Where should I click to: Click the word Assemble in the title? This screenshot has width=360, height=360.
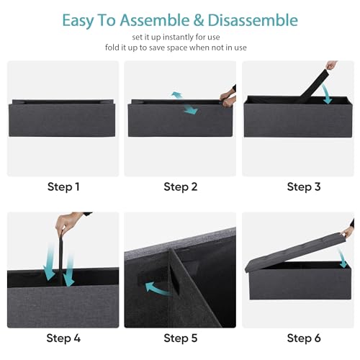pos(155,20)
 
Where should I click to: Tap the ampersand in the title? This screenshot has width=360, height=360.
pos(199,20)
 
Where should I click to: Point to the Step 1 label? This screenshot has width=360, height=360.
pos(63,186)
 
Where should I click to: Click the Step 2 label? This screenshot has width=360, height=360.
pos(181,186)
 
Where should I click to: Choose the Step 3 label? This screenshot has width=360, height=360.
pos(304,186)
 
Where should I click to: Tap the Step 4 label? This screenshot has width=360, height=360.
pos(63,338)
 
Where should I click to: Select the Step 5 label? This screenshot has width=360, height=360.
pos(181,338)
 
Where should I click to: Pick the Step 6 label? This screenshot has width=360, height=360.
pos(304,338)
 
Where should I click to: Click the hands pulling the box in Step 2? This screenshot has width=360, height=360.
pos(228,97)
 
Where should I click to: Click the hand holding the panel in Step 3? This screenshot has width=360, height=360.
pos(332,65)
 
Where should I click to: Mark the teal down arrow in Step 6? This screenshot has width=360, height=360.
pos(342,258)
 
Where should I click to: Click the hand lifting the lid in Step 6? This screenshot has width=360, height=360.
pos(348,230)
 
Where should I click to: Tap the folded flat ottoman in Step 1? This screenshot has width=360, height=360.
pos(62,118)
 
